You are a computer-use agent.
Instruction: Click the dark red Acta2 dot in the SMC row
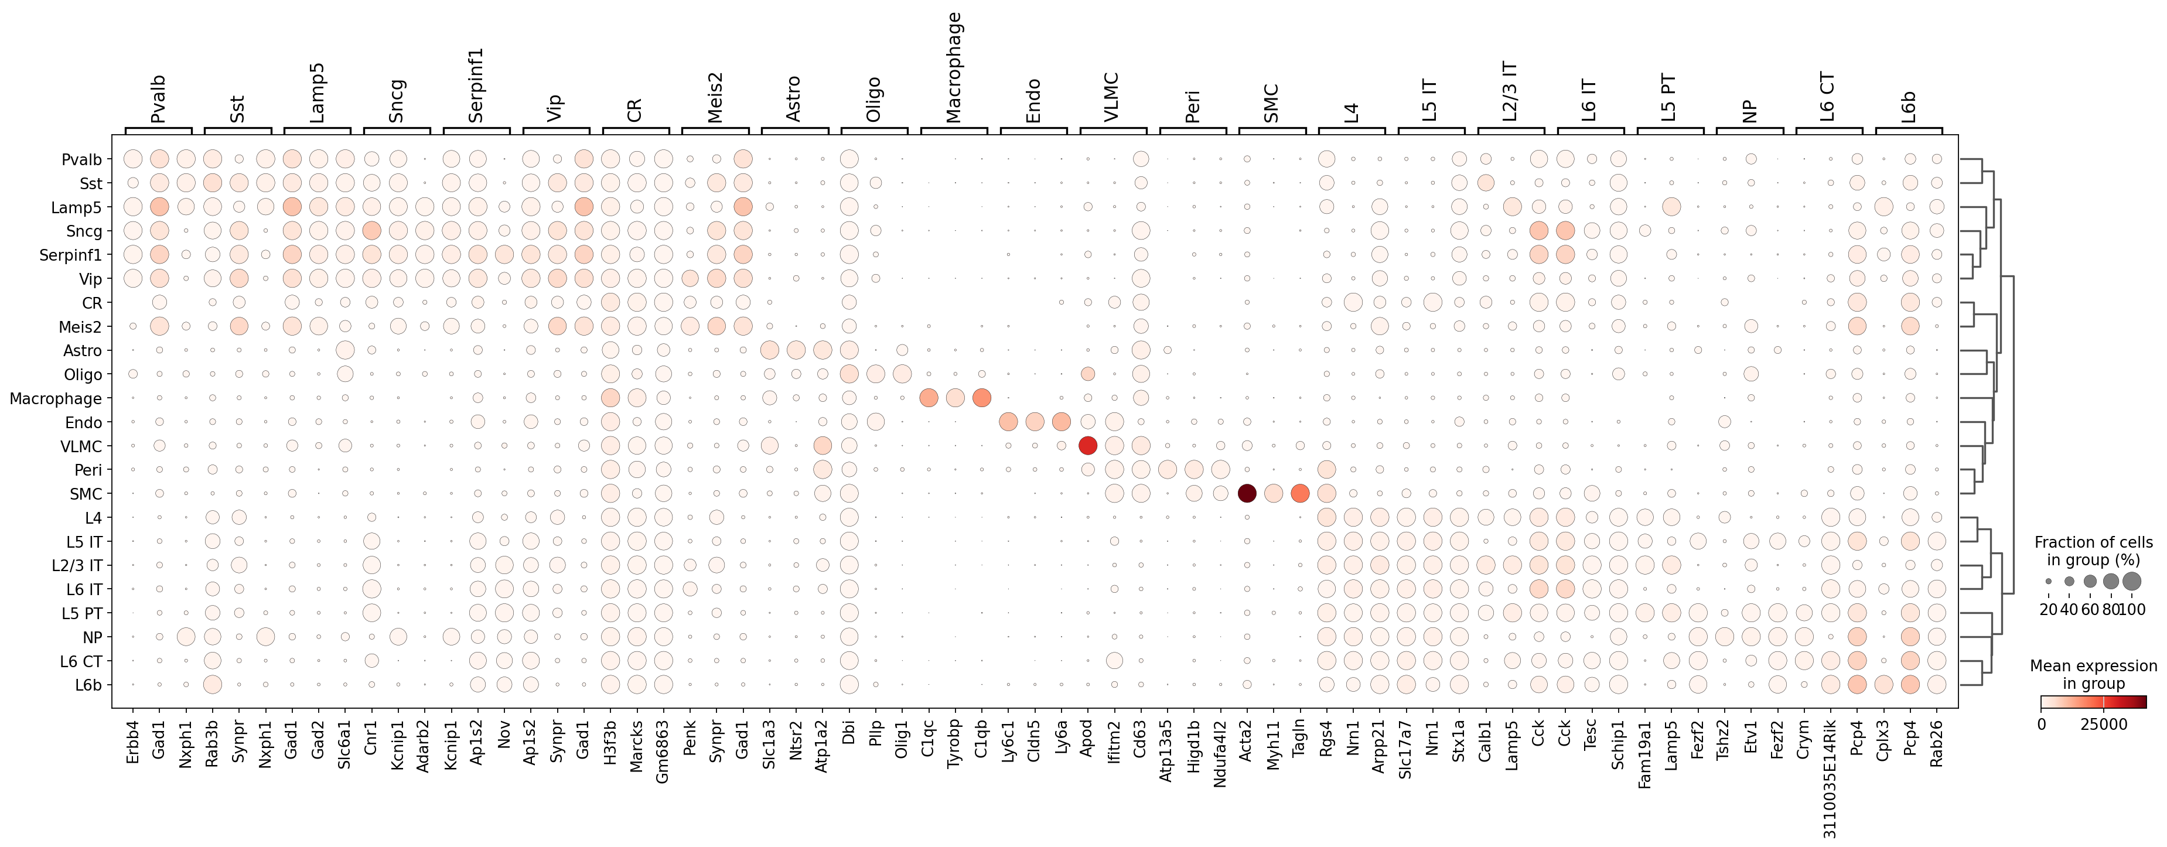click(1247, 494)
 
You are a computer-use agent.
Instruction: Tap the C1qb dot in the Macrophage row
click(981, 398)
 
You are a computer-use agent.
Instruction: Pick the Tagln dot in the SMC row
click(1300, 494)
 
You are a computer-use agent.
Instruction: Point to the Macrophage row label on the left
click(56, 399)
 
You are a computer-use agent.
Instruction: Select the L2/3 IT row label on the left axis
click(77, 566)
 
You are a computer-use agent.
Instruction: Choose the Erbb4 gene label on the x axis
click(132, 742)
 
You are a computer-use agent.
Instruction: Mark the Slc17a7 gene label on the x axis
click(1405, 749)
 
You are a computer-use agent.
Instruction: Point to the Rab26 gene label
click(1937, 742)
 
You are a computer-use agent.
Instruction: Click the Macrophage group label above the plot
click(954, 67)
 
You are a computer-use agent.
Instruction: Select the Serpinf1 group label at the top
click(476, 85)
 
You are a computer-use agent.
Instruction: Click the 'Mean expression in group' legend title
click(2093, 675)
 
